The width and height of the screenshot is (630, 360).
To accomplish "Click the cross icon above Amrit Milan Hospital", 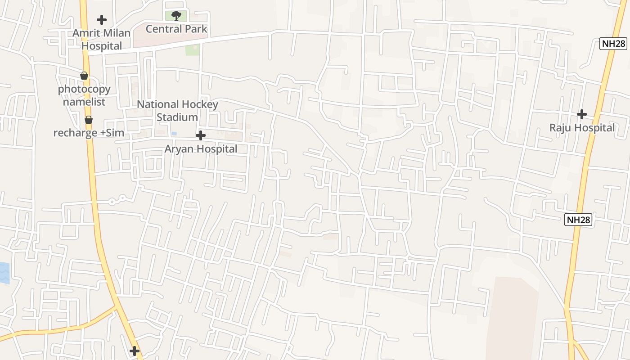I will tap(102, 20).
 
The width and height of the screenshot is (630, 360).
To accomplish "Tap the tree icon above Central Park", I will tap(176, 16).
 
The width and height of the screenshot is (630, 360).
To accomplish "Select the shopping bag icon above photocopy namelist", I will tap(84, 76).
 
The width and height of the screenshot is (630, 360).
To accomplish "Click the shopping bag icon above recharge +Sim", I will tap(89, 120).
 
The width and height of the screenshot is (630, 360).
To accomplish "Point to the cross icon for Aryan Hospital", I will tap(201, 135).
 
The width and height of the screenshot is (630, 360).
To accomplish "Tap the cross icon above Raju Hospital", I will tap(582, 114).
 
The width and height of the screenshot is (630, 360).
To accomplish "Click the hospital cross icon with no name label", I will tap(134, 351).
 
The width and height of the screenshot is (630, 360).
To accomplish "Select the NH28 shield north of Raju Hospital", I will tap(613, 44).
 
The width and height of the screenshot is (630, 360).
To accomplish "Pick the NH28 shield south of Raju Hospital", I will tap(578, 220).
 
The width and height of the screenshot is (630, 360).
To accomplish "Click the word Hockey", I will tap(200, 104).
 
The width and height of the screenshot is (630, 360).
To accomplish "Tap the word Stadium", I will tap(177, 117).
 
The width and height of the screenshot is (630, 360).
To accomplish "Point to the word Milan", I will tap(117, 33).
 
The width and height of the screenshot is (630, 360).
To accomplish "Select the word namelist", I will tap(84, 102).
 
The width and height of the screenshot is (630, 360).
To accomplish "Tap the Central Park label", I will tap(176, 29).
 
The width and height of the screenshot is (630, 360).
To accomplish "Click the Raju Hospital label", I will tap(582, 128).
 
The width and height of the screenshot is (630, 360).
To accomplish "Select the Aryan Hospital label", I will tap(201, 149).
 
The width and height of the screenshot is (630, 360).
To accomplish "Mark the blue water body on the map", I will tap(4, 273).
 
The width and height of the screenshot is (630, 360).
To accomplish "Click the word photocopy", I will tap(84, 89).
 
